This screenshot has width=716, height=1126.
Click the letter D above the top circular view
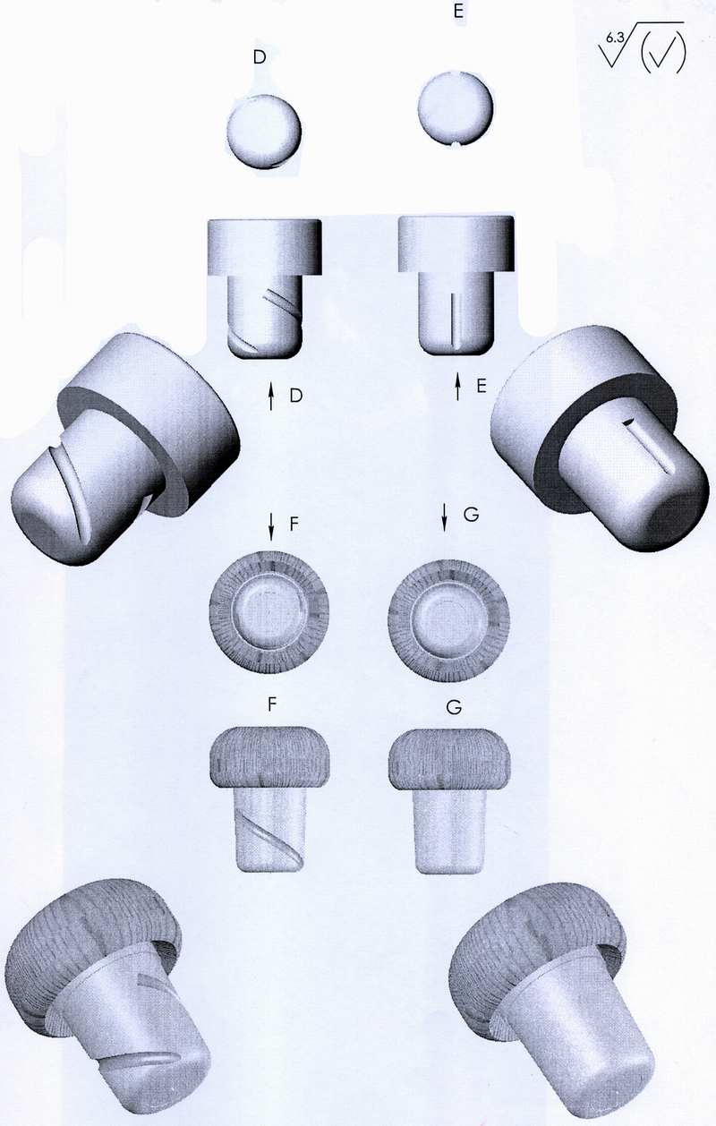point(259,57)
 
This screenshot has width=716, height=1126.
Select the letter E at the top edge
point(458,11)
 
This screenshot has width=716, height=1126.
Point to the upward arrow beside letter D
point(271,395)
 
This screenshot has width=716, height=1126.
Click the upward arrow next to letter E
point(457,386)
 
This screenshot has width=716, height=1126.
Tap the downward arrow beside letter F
point(271,526)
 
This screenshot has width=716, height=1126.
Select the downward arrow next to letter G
point(444,517)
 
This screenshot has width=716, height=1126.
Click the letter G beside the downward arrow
point(471,515)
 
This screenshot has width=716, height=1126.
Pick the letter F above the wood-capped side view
point(271,704)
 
